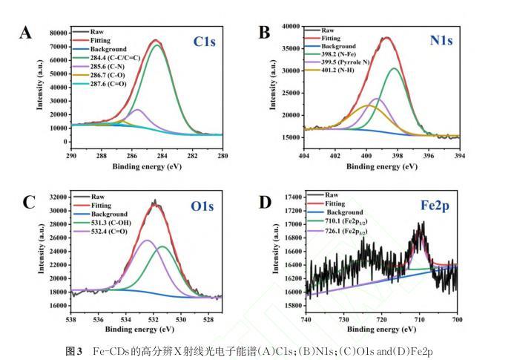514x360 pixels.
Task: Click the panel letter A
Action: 27,32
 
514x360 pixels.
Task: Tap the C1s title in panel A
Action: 205,42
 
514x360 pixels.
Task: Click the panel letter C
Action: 28,202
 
